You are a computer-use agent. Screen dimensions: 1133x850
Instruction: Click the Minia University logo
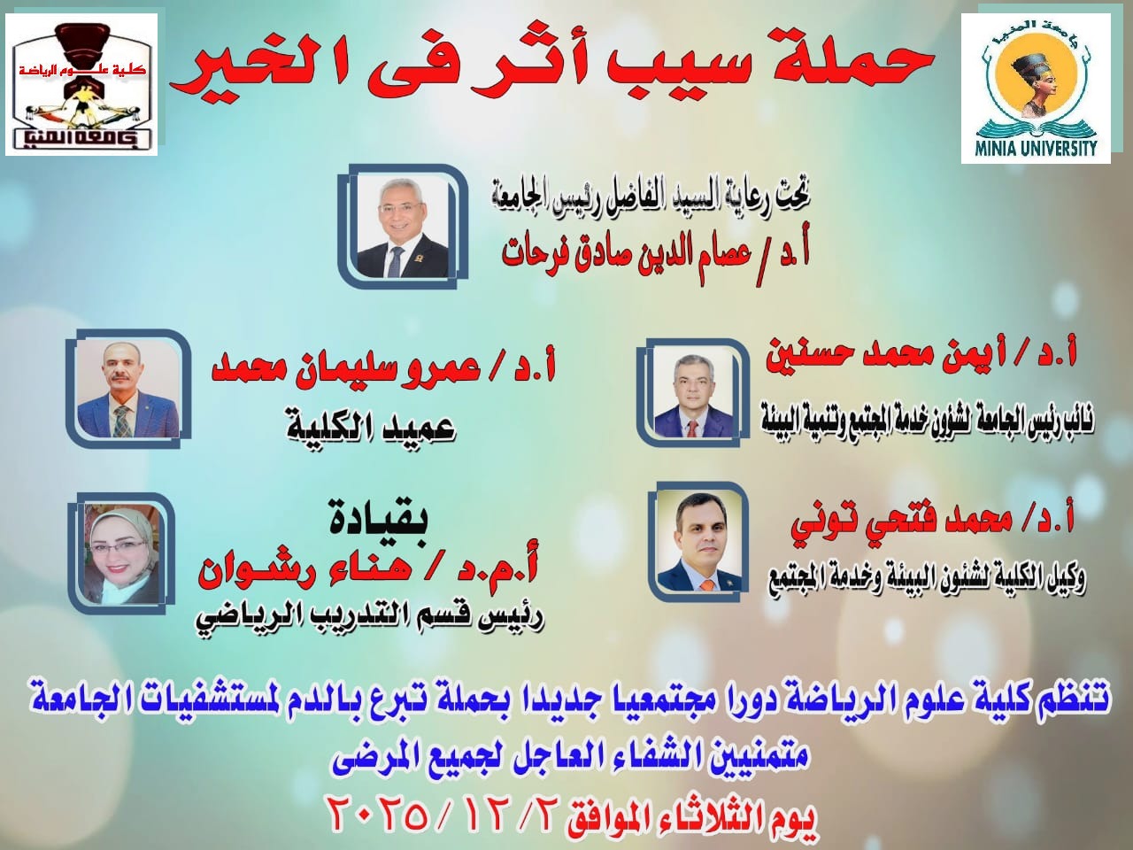click(1036, 89)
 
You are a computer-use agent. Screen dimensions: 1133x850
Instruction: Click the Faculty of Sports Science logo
click(81, 85)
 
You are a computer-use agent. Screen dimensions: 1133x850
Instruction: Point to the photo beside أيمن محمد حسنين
click(693, 396)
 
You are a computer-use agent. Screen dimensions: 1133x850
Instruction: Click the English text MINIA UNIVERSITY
click(1037, 150)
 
